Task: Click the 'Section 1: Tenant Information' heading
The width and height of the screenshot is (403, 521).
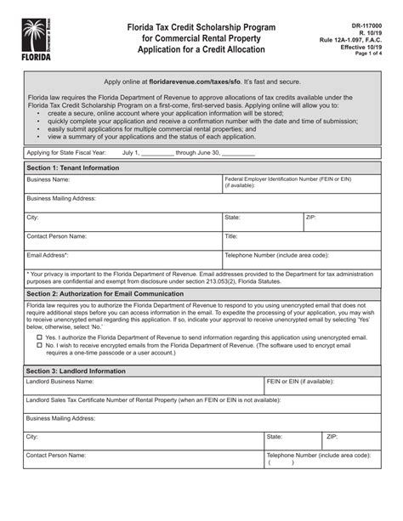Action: click(74, 168)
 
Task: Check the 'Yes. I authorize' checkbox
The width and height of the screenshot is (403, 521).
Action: click(39, 337)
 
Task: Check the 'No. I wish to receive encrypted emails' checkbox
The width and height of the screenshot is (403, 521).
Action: click(39, 346)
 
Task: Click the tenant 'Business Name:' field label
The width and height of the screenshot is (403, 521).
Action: click(48, 180)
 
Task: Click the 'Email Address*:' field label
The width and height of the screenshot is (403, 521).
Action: click(47, 254)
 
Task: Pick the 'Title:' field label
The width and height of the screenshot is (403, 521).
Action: click(230, 235)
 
